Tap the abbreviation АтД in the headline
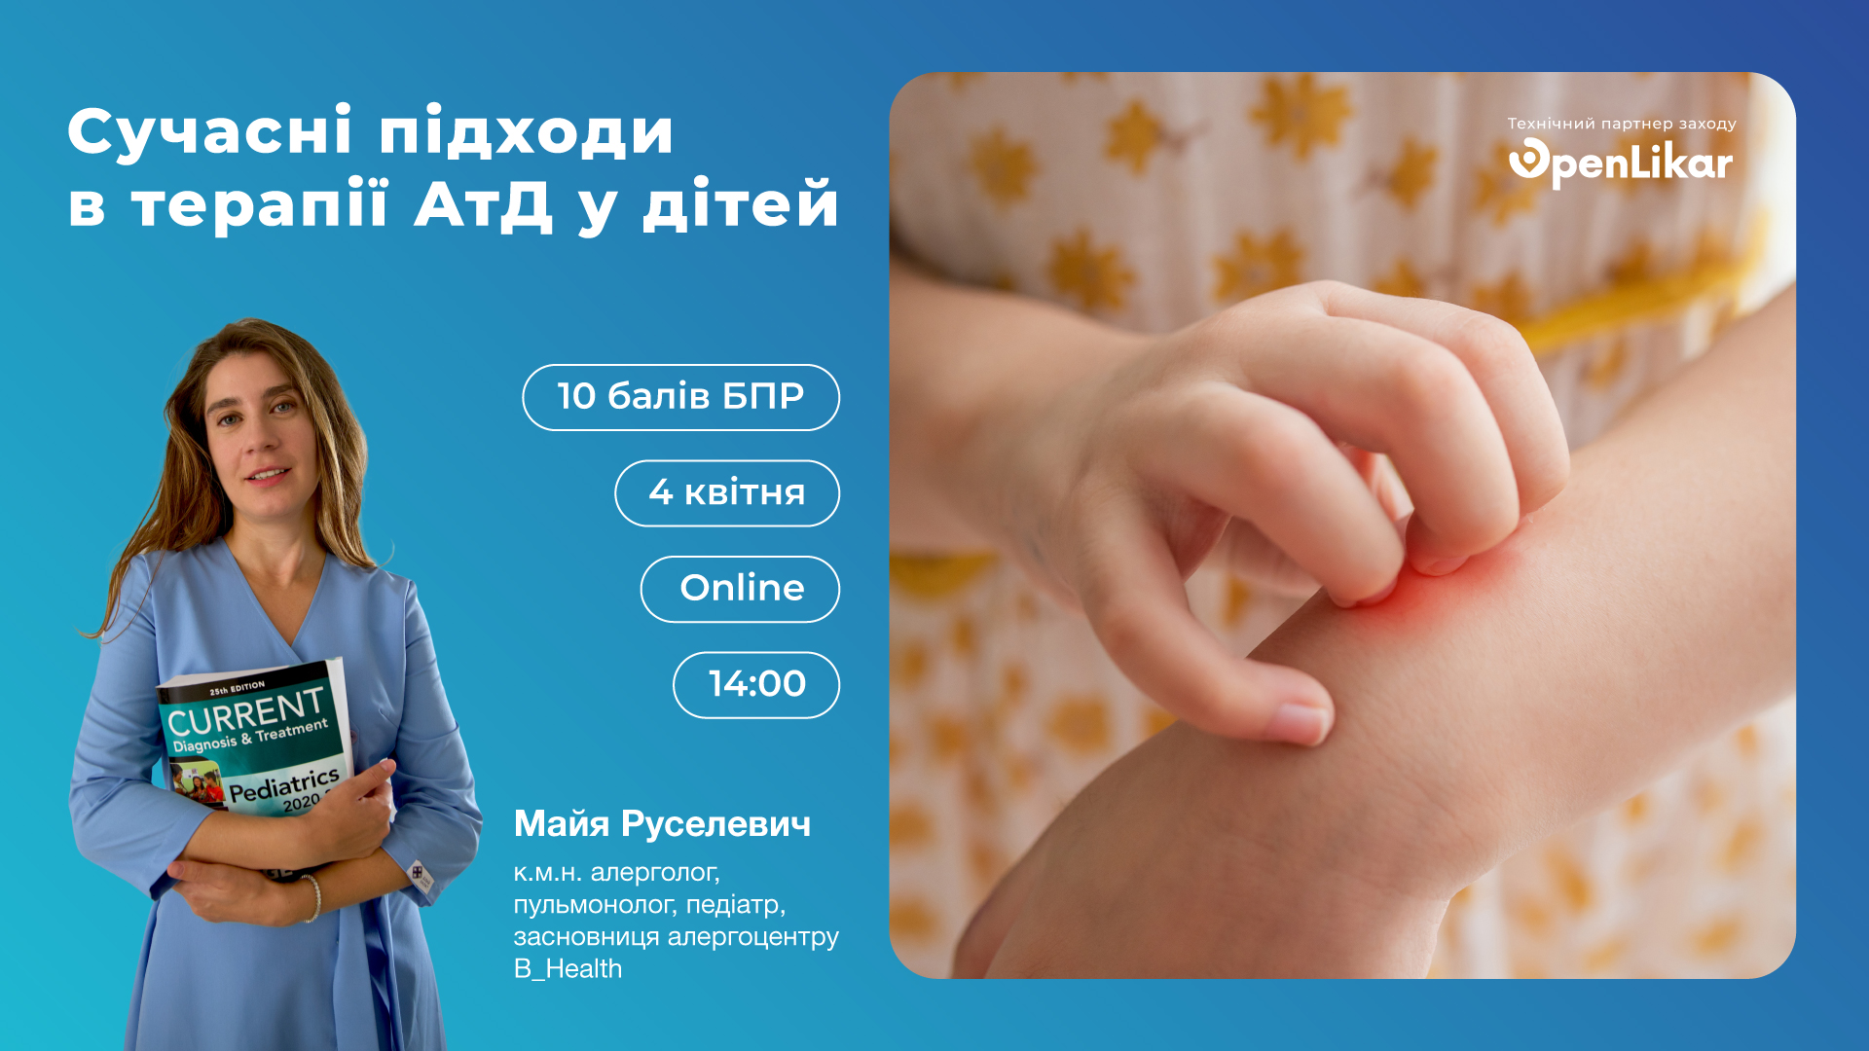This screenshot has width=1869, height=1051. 483,205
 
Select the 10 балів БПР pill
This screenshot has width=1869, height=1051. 680,397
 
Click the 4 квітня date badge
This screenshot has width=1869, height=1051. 726,493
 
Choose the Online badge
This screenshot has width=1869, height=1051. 740,589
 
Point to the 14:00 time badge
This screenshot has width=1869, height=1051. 756,685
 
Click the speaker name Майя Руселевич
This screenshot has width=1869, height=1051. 662,824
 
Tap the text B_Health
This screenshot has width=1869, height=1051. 568,969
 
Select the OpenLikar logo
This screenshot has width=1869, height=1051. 1621,163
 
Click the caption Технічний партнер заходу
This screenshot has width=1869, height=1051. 1622,124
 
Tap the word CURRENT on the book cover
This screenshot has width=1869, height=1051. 245,712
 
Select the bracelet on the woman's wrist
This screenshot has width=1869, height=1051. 311,897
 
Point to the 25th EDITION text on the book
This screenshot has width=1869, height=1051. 237,688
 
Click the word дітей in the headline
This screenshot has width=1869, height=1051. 740,205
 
